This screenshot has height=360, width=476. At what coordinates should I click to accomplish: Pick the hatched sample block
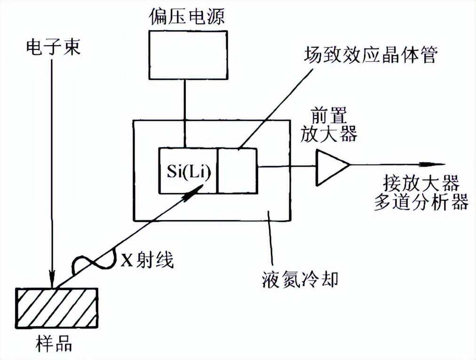[57, 308]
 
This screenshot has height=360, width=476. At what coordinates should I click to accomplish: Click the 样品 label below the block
[54, 344]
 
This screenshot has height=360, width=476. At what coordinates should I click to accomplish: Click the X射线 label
[147, 260]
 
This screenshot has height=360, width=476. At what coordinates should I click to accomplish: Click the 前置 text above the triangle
[329, 115]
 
